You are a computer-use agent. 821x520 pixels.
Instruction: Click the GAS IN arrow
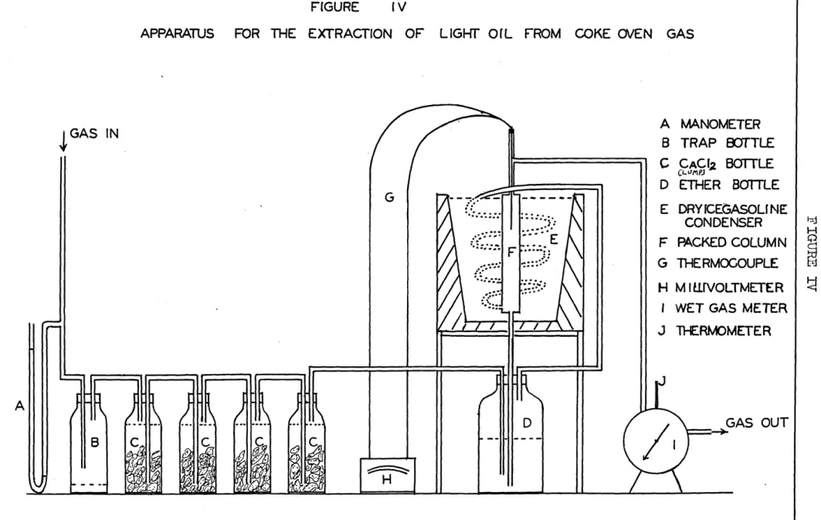coord(63,141)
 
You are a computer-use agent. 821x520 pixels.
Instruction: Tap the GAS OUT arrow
coord(707,432)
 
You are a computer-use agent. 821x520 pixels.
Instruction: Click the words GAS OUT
coord(757,423)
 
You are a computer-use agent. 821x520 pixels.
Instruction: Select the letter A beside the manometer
coord(20,406)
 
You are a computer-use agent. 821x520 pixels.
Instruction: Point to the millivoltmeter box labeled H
coord(388,475)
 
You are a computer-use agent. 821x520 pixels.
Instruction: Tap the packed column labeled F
coord(511,253)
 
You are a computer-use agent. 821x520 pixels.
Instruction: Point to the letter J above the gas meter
coord(662,381)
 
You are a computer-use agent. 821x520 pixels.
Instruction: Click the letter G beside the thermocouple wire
coord(389,198)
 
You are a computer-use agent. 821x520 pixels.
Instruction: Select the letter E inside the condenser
coord(554,240)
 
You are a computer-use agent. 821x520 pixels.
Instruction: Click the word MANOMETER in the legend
coord(720,124)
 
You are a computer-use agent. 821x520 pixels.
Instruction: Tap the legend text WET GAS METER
coord(731,308)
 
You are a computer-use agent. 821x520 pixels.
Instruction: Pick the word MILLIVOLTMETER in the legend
coord(729,287)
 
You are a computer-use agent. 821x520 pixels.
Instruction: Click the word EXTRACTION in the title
coord(350,34)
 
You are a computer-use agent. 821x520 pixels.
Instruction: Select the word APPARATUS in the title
coord(178,34)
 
